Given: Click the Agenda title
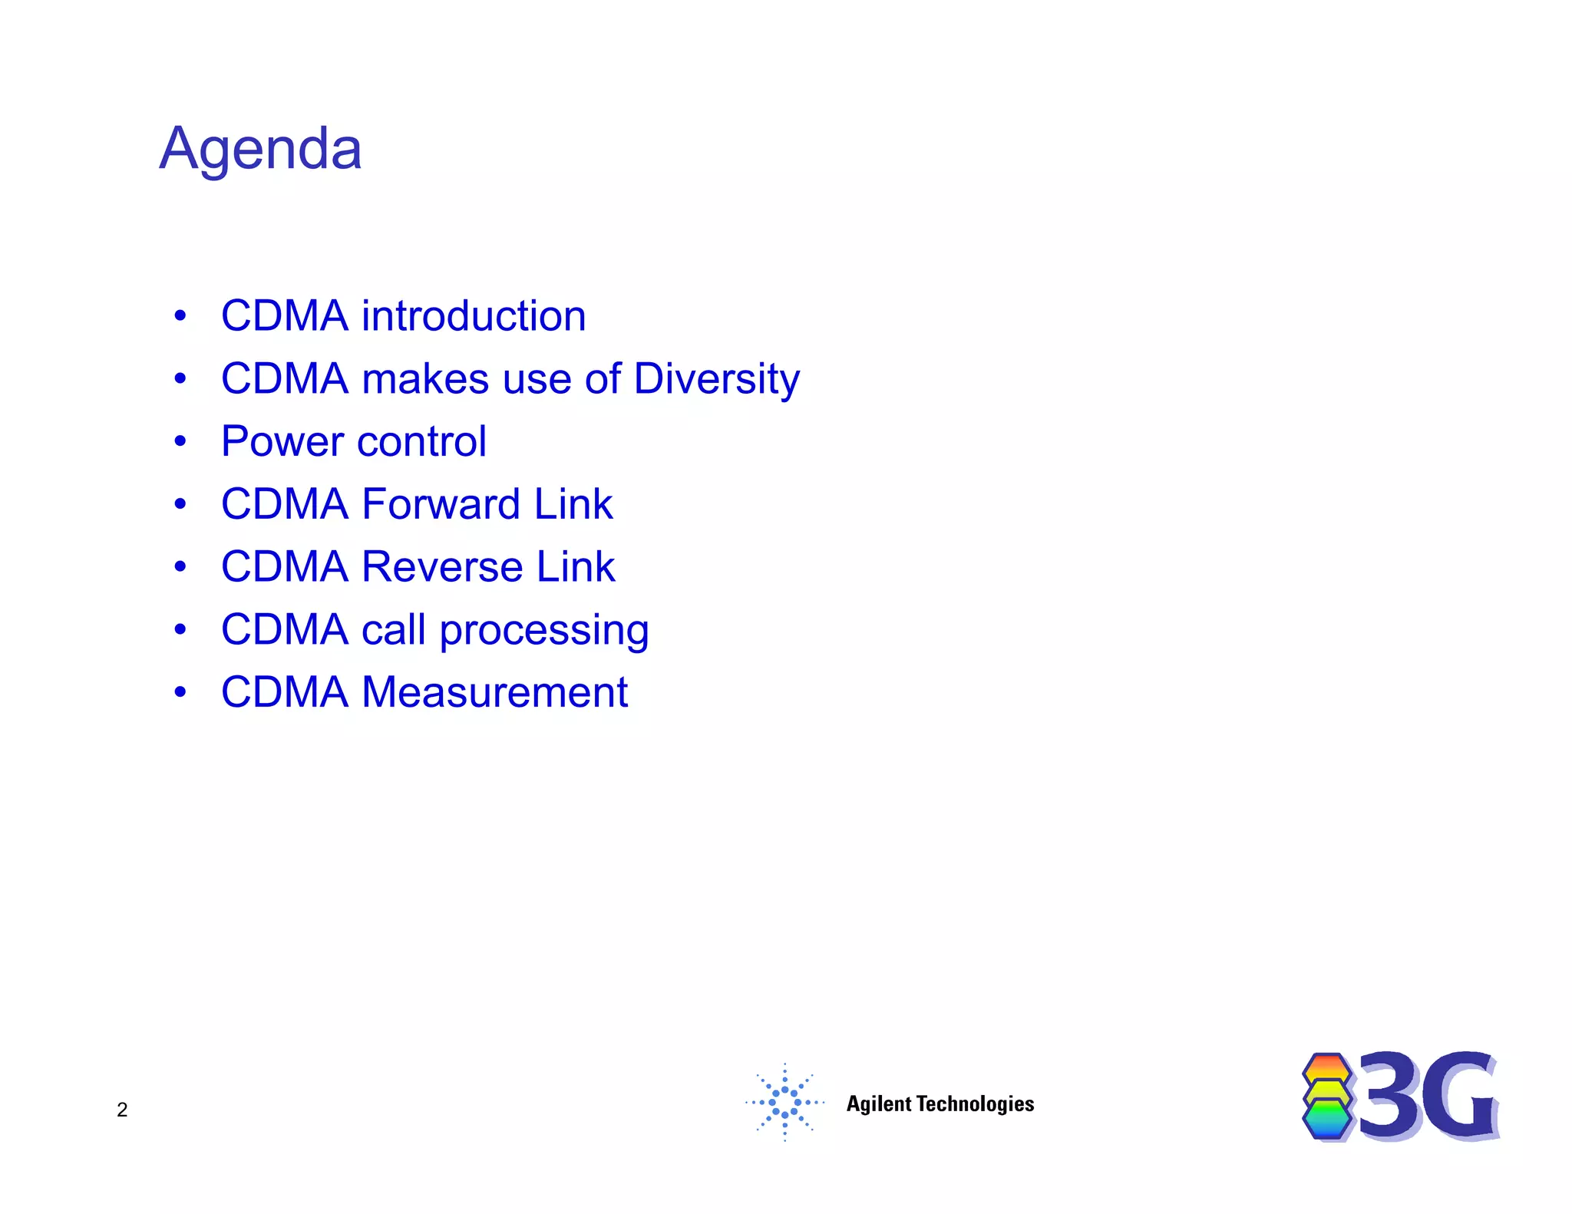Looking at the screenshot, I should coord(260,149).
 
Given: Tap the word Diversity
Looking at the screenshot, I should coord(716,379).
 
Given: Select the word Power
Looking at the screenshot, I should coord(282,442).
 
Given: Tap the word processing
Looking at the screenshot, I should coord(543,631).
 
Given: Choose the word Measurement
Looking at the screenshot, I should coord(494,692).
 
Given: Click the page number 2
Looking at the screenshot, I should coord(122,1110).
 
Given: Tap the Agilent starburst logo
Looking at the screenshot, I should coord(784,1103).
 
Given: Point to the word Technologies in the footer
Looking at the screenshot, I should coord(976,1103).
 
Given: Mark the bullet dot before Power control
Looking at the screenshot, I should coord(180,441).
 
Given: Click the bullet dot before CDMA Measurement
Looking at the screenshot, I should coord(180,692).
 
